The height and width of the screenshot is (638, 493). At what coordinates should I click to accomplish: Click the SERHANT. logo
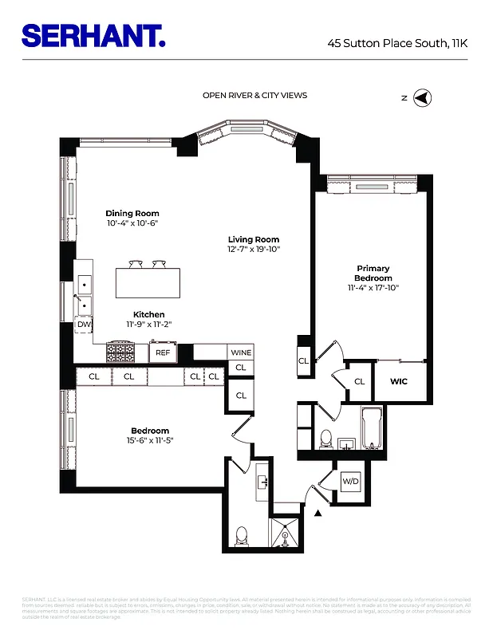pyautogui.click(x=93, y=35)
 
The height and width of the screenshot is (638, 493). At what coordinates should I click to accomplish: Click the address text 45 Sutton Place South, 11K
pyautogui.click(x=396, y=45)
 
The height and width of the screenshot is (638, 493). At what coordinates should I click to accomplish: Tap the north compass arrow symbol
pyautogui.click(x=424, y=98)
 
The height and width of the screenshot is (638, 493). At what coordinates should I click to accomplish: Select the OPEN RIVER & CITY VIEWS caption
pyautogui.click(x=254, y=96)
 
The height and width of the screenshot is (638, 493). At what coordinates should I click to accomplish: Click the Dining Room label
pyautogui.click(x=132, y=214)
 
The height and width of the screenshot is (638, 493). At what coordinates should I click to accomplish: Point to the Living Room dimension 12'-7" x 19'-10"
pyautogui.click(x=253, y=250)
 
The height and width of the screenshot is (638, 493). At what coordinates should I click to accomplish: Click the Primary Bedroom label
pyautogui.click(x=373, y=274)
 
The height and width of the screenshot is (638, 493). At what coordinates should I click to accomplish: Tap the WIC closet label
pyautogui.click(x=399, y=381)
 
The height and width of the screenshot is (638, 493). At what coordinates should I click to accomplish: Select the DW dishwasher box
pyautogui.click(x=84, y=325)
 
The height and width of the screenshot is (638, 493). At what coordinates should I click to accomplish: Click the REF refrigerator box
pyautogui.click(x=163, y=352)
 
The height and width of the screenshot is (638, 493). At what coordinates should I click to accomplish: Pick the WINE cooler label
pyautogui.click(x=241, y=352)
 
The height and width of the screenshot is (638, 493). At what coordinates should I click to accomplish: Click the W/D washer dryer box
pyautogui.click(x=350, y=482)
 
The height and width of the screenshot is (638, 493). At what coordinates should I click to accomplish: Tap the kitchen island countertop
pyautogui.click(x=148, y=282)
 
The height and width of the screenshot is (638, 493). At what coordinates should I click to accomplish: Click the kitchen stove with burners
pyautogui.click(x=121, y=352)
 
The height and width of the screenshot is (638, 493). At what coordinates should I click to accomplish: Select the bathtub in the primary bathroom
pyautogui.click(x=372, y=429)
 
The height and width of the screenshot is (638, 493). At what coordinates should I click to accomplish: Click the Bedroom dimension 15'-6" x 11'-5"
pyautogui.click(x=150, y=440)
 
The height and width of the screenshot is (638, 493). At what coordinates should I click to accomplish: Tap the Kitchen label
pyautogui.click(x=148, y=314)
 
